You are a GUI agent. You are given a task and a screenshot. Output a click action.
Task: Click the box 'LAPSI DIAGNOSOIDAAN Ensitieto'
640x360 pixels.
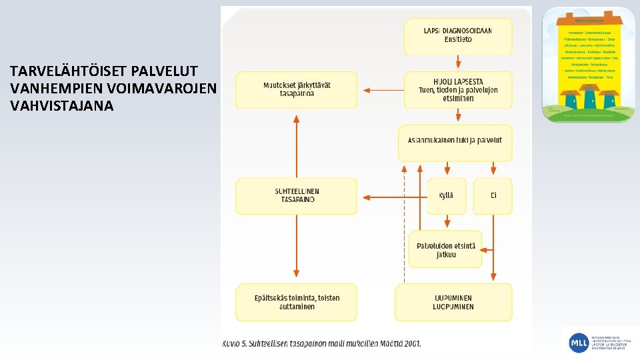(x=457, y=36)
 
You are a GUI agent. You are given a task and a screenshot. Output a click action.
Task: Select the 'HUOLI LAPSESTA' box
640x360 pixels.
(x=457, y=89)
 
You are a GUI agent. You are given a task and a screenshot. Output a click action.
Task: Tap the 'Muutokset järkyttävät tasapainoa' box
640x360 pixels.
(x=297, y=89)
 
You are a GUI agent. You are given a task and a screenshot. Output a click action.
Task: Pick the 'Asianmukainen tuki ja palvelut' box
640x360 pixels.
(x=455, y=142)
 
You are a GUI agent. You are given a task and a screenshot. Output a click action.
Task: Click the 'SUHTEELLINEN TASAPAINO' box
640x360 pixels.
(x=297, y=195)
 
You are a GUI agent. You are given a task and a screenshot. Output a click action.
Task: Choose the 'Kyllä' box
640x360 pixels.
(x=446, y=195)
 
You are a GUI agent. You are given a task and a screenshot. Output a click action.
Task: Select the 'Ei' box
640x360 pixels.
(x=493, y=195)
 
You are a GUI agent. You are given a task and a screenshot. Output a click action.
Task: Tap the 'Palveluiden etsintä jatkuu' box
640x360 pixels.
(x=445, y=250)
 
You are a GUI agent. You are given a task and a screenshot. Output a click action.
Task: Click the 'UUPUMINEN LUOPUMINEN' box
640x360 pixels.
(x=453, y=302)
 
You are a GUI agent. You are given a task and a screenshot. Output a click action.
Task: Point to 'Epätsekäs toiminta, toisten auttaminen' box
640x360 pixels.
(x=297, y=302)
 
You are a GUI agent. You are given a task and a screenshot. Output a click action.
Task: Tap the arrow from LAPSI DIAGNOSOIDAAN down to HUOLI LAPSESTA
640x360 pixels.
(x=458, y=63)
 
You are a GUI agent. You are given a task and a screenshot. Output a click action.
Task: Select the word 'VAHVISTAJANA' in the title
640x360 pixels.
(x=62, y=105)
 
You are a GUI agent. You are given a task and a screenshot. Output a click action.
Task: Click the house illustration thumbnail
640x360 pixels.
(x=588, y=64)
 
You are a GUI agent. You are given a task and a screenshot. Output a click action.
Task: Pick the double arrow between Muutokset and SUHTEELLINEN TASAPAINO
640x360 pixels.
(x=296, y=143)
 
